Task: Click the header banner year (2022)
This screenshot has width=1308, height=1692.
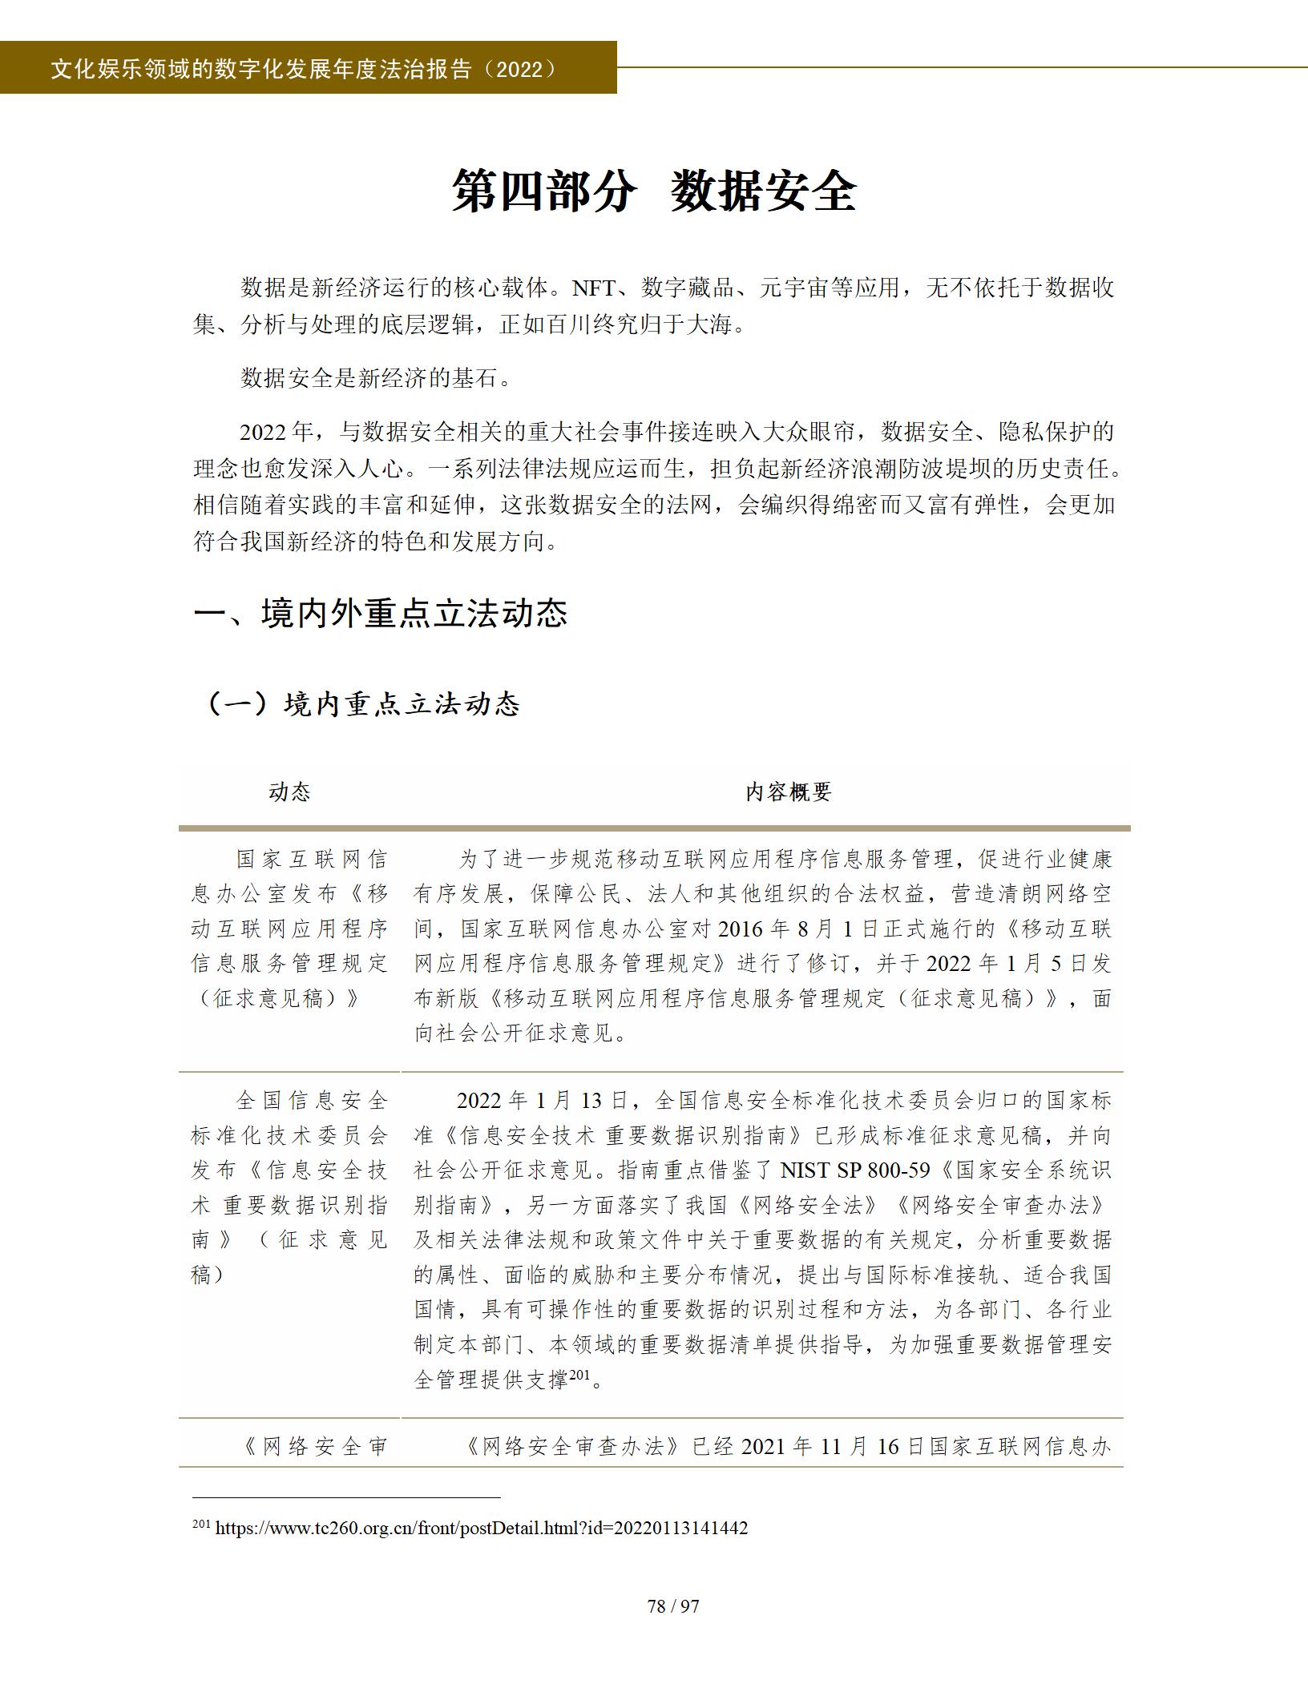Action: coord(520,70)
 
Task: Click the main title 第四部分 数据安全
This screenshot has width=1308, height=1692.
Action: coord(654,191)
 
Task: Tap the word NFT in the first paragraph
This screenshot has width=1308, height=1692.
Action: coord(594,288)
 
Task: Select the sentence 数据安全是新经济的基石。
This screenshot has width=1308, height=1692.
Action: coord(376,378)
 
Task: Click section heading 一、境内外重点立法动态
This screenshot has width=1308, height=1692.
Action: coord(381,614)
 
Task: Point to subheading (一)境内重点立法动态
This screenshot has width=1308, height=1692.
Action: coord(363,704)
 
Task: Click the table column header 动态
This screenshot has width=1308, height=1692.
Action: coord(289,792)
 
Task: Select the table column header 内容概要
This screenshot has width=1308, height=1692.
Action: coord(789,792)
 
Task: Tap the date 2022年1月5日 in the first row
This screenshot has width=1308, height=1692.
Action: coord(1007,964)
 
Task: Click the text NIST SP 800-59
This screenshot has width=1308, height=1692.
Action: coord(855,1171)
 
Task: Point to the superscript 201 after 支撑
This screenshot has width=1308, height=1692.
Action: coord(579,1374)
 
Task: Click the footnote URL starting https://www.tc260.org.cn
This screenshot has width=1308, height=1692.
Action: coord(481,1528)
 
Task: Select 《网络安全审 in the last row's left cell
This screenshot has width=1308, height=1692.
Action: coord(314,1447)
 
